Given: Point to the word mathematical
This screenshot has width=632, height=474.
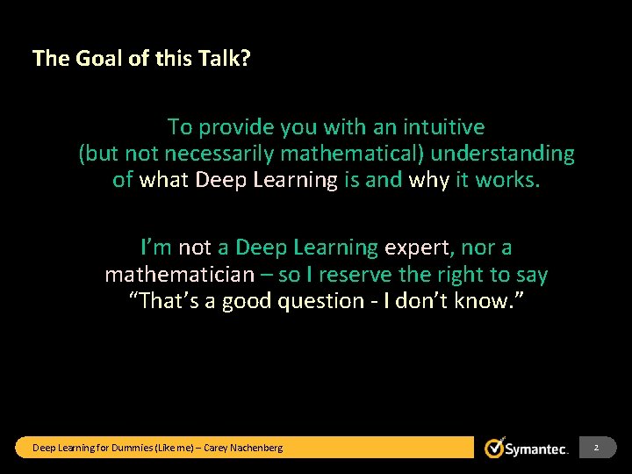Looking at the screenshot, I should [351, 154].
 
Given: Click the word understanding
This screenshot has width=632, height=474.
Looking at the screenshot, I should [502, 154].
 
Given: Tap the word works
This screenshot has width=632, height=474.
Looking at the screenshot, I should [508, 180].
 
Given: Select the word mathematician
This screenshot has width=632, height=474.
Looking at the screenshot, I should [178, 275].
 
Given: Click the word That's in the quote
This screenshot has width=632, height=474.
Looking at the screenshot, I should [162, 301].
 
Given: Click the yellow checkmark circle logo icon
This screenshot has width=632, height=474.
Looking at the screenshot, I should [495, 448].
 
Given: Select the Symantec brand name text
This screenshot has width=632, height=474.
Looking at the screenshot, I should [537, 449].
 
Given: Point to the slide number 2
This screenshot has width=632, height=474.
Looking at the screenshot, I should [596, 449].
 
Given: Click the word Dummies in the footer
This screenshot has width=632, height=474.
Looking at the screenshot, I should [131, 449].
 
